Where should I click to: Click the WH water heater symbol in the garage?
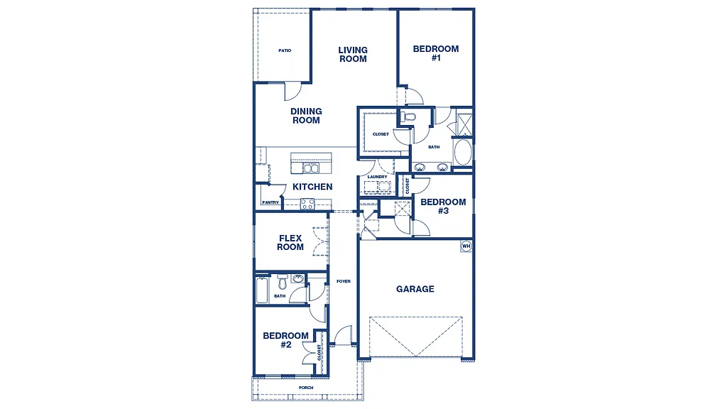pos(466,246)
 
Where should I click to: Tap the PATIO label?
pos(285,50)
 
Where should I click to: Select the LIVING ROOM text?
pos(353,55)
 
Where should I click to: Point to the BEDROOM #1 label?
pos(436,53)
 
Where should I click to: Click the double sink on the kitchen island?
pos(311,168)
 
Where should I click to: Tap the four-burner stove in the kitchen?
pos(307,204)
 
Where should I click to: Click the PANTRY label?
pos(270,202)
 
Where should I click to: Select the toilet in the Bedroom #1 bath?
pos(408,116)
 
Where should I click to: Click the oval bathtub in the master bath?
pos(462,152)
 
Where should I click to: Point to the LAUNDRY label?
pos(377,177)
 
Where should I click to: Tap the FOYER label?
pos(344,281)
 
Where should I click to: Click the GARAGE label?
pos(415,289)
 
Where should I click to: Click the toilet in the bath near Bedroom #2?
pos(282,279)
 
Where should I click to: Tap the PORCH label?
pos(306,388)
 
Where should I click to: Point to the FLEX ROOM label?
pos(290,243)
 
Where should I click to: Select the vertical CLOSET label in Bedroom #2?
pos(320,353)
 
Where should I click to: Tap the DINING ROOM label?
pos(306,116)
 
